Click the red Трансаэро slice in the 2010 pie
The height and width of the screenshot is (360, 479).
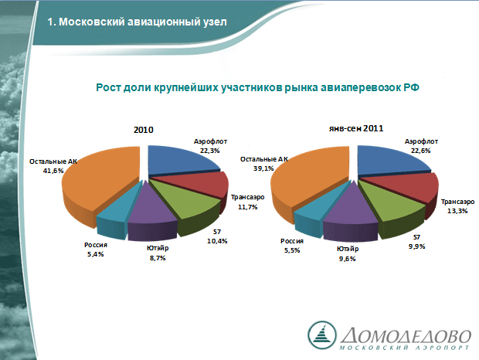pos(202,184)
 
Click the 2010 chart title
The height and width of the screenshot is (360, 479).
pos(143,130)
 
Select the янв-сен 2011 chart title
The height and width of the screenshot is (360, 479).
pos(356,128)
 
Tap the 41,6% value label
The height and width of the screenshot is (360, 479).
pos(53,171)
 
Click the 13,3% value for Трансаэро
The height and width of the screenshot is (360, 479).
pos(457,211)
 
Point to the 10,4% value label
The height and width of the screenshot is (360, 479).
pos(217,241)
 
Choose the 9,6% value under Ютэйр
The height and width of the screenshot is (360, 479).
pos(348,259)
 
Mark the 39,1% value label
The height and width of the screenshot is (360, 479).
pos(263,168)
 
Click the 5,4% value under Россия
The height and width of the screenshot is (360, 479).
pos(96,254)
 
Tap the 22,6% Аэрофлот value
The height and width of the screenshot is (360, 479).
pos(420,151)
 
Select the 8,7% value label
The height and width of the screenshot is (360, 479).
pos(158,258)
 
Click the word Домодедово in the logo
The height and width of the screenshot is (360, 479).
pos(406,336)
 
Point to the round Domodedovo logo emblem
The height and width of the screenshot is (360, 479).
pos(322,335)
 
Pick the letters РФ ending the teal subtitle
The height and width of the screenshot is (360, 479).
pos(411,87)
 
